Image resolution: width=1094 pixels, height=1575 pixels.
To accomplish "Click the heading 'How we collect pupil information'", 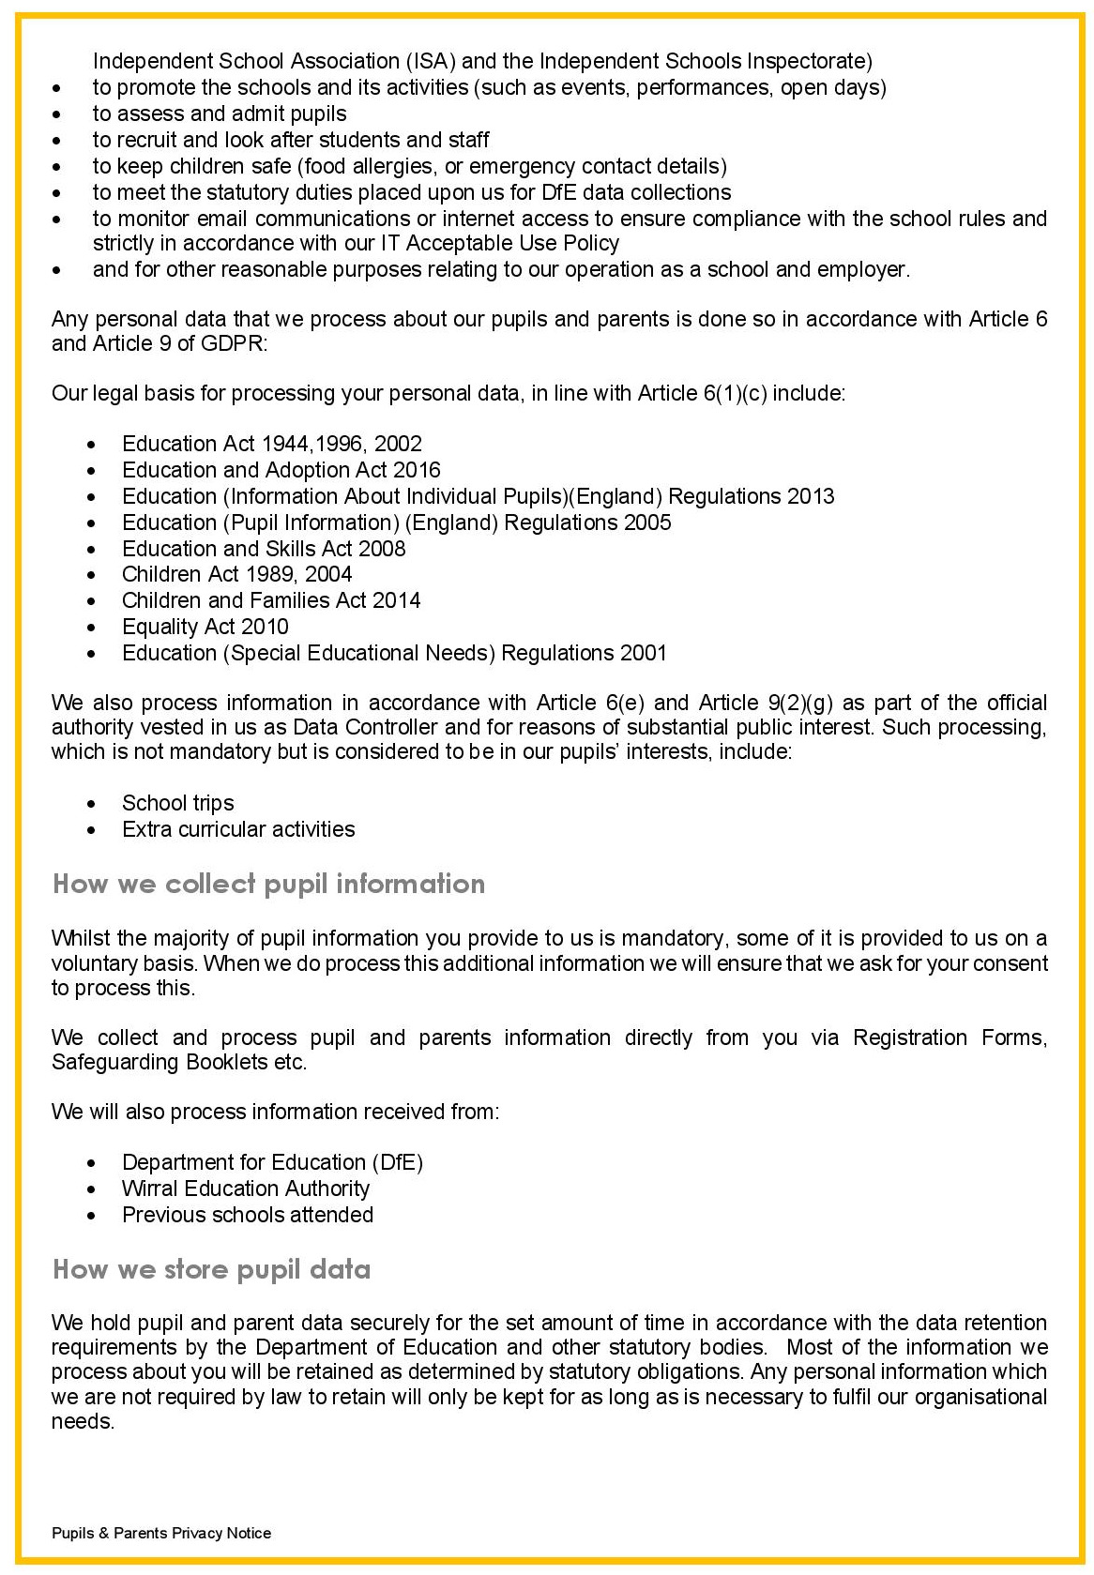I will pyautogui.click(x=268, y=884).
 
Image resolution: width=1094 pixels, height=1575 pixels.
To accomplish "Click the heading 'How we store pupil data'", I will pyautogui.click(x=211, y=1269).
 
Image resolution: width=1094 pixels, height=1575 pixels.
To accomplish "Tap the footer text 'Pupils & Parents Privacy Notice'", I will pyautogui.click(x=161, y=1533).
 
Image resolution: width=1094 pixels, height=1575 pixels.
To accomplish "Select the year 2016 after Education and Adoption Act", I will pyautogui.click(x=417, y=470).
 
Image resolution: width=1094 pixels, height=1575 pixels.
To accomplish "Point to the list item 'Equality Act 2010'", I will pyautogui.click(x=205, y=627).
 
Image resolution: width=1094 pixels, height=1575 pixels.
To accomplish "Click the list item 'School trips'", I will pyautogui.click(x=177, y=803).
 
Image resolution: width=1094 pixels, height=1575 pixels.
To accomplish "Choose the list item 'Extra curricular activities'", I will pyautogui.click(x=238, y=829).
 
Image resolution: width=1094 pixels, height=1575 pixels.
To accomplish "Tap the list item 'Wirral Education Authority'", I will pyautogui.click(x=246, y=1189).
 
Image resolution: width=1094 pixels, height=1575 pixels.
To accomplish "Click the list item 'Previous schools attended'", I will pyautogui.click(x=248, y=1215).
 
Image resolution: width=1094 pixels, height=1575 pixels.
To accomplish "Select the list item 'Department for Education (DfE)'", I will pyautogui.click(x=272, y=1162).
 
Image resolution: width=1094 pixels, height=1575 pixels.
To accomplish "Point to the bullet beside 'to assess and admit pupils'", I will pyautogui.click(x=59, y=114).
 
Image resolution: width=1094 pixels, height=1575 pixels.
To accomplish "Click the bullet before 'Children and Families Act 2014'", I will pyautogui.click(x=91, y=601).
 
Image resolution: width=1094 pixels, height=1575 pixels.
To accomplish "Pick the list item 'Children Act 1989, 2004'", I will pyautogui.click(x=236, y=574).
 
